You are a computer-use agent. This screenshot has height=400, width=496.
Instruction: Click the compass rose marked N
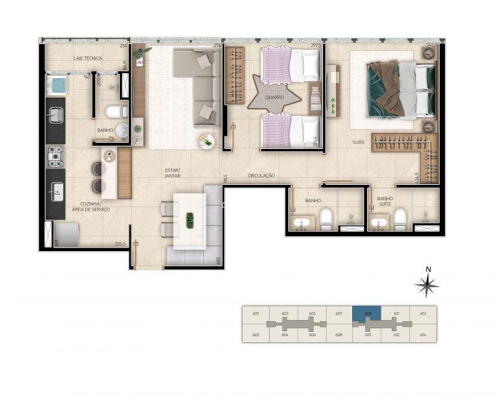point(427,285)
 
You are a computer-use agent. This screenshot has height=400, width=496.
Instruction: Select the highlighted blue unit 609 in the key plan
point(367,313)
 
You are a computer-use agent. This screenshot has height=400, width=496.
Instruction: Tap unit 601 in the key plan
point(256,314)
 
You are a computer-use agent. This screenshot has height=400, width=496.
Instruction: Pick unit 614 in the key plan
point(423,335)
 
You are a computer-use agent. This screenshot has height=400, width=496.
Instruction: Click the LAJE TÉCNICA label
point(87,58)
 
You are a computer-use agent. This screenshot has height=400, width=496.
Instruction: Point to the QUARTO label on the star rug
point(273,98)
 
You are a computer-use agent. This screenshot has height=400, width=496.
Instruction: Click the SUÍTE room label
point(358,142)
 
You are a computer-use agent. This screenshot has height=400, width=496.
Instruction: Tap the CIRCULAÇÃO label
point(261,176)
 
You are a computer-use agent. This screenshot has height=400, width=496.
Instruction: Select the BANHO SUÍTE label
point(385,202)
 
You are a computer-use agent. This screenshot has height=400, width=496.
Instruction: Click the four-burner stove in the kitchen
point(56,156)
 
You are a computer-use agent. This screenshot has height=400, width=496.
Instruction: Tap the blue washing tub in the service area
point(56,84)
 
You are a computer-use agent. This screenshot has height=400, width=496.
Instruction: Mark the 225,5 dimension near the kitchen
point(120,244)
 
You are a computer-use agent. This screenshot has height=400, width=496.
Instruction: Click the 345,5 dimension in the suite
point(432,45)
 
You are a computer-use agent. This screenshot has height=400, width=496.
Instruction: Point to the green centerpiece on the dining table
point(190,220)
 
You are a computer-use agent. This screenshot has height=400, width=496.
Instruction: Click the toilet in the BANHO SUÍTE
point(400,218)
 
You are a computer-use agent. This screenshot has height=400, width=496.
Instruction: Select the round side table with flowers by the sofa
point(206,141)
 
